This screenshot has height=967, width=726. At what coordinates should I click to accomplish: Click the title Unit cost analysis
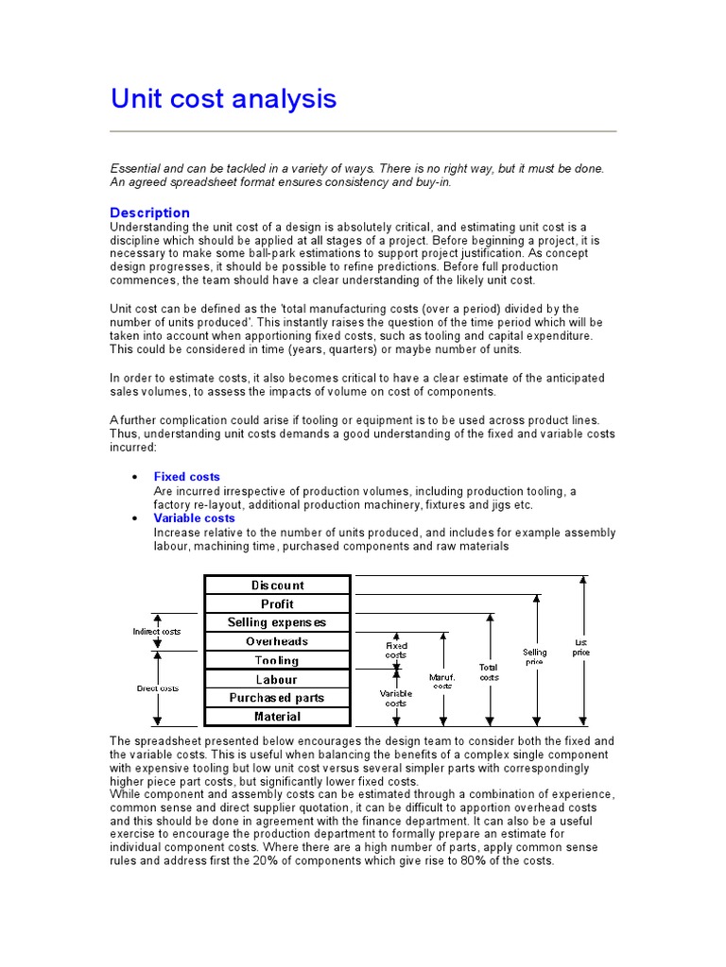pos(223,98)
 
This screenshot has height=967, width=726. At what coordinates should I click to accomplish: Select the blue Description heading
pos(149,212)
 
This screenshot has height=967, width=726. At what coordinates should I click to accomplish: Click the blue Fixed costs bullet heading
pos(186,477)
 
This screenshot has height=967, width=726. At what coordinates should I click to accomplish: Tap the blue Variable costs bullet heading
pos(194,518)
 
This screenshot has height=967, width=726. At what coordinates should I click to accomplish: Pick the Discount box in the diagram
pos(278,585)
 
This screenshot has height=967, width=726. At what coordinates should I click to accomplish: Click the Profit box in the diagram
pos(278,604)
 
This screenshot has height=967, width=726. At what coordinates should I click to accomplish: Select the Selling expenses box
pos(278,623)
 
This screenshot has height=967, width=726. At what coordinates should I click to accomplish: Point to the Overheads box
pos(278,642)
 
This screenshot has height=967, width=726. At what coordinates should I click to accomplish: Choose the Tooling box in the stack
pos(278,661)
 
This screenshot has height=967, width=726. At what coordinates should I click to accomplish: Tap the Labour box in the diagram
pos(278,680)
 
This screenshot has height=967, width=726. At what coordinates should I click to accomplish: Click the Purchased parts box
pos(278,699)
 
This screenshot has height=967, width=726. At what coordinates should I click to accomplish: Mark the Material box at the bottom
pos(278,718)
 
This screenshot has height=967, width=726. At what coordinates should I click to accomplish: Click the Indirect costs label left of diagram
pos(157,631)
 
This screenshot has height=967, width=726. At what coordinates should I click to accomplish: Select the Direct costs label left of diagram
pos(157,688)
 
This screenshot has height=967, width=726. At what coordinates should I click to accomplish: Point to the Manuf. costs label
pos(442,681)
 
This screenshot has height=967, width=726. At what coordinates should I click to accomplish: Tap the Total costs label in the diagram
pos(489,672)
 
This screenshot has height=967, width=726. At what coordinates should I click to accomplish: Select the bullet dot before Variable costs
pos(135,518)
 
